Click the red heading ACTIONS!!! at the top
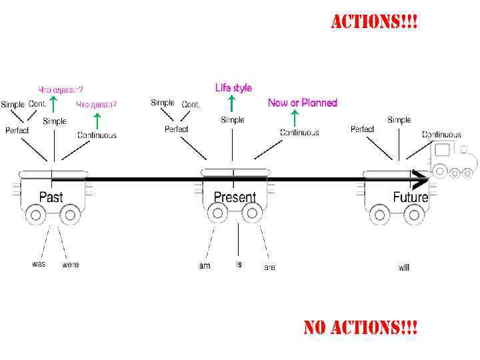(375, 22)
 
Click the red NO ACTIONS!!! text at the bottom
(360, 327)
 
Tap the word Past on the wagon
(51, 197)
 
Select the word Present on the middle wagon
(235, 197)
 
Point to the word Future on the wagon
(410, 197)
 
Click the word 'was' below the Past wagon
(39, 264)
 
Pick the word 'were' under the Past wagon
(70, 265)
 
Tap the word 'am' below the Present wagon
(205, 266)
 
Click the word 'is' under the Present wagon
(239, 264)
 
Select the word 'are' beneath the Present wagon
(269, 267)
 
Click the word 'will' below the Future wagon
(404, 267)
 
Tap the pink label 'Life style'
(233, 87)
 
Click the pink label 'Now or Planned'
(303, 103)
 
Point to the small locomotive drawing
(453, 161)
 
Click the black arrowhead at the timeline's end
(421, 180)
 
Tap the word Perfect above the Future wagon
(362, 129)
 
